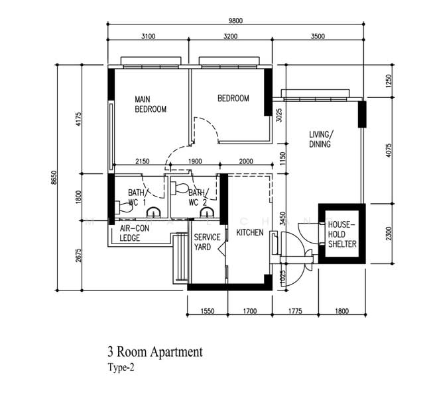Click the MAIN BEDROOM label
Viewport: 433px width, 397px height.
(150, 104)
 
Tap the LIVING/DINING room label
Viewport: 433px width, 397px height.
(320, 139)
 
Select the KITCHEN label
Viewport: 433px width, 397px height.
(250, 233)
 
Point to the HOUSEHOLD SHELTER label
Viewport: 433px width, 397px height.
(342, 234)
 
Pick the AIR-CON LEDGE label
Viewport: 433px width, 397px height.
(133, 233)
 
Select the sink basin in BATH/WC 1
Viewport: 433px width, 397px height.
(153, 213)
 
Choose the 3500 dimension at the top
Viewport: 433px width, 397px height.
(318, 36)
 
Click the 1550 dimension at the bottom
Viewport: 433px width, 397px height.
(207, 308)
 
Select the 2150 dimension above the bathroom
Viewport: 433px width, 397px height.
(142, 161)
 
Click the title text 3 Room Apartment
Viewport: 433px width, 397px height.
(155, 352)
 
